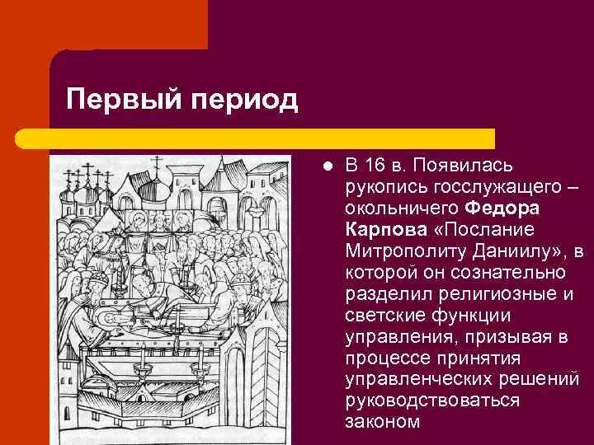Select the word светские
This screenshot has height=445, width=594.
click(382, 315)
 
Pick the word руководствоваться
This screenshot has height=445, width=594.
click(433, 400)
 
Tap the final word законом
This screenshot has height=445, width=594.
click(382, 422)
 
